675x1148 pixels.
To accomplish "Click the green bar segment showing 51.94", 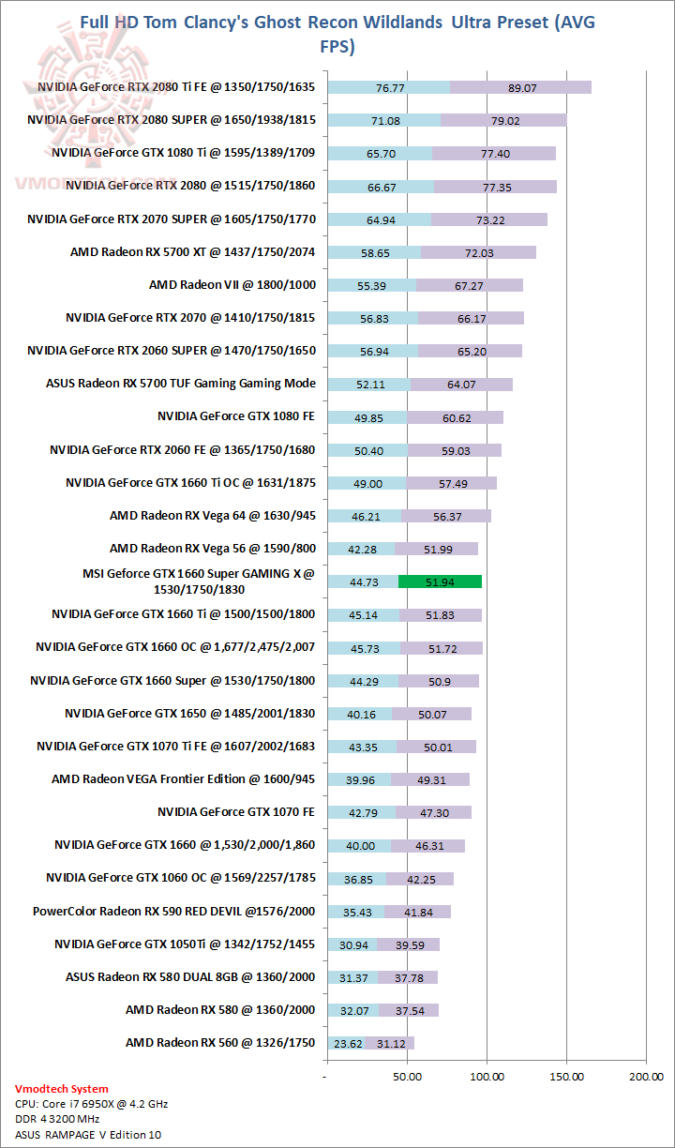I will (440, 582).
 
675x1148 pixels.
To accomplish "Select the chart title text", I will (337, 34).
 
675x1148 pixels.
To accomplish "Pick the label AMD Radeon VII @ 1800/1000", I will (232, 284).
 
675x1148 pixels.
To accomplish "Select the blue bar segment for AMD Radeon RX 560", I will (346, 1043).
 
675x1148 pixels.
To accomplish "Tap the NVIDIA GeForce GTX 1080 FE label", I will (236, 416).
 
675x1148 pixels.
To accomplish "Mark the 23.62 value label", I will (346, 1043).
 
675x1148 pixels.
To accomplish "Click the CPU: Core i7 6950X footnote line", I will (92, 1104).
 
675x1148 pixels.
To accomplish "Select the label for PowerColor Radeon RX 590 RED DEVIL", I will (174, 911).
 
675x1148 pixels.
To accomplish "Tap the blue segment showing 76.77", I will (388, 87).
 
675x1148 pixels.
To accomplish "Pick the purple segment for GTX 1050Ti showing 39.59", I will (409, 944).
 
